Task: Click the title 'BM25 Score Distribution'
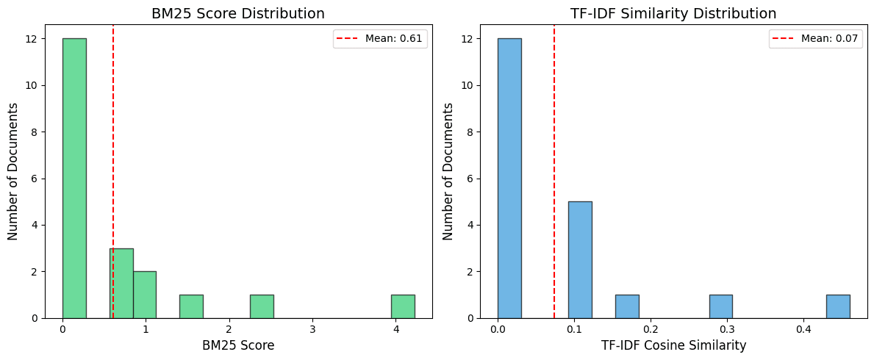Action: [237, 13]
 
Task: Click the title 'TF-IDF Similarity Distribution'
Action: [673, 13]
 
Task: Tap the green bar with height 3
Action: [121, 283]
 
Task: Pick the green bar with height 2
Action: [145, 294]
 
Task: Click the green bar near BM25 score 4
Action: [403, 306]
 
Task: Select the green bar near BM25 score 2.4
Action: [262, 306]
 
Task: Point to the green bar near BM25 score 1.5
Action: [191, 306]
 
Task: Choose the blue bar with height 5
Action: [580, 259]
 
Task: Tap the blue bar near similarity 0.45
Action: [838, 306]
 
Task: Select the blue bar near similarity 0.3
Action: [720, 306]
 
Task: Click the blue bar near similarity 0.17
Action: [627, 306]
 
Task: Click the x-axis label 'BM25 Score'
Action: [237, 345]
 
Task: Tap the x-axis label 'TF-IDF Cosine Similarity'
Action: [673, 345]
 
